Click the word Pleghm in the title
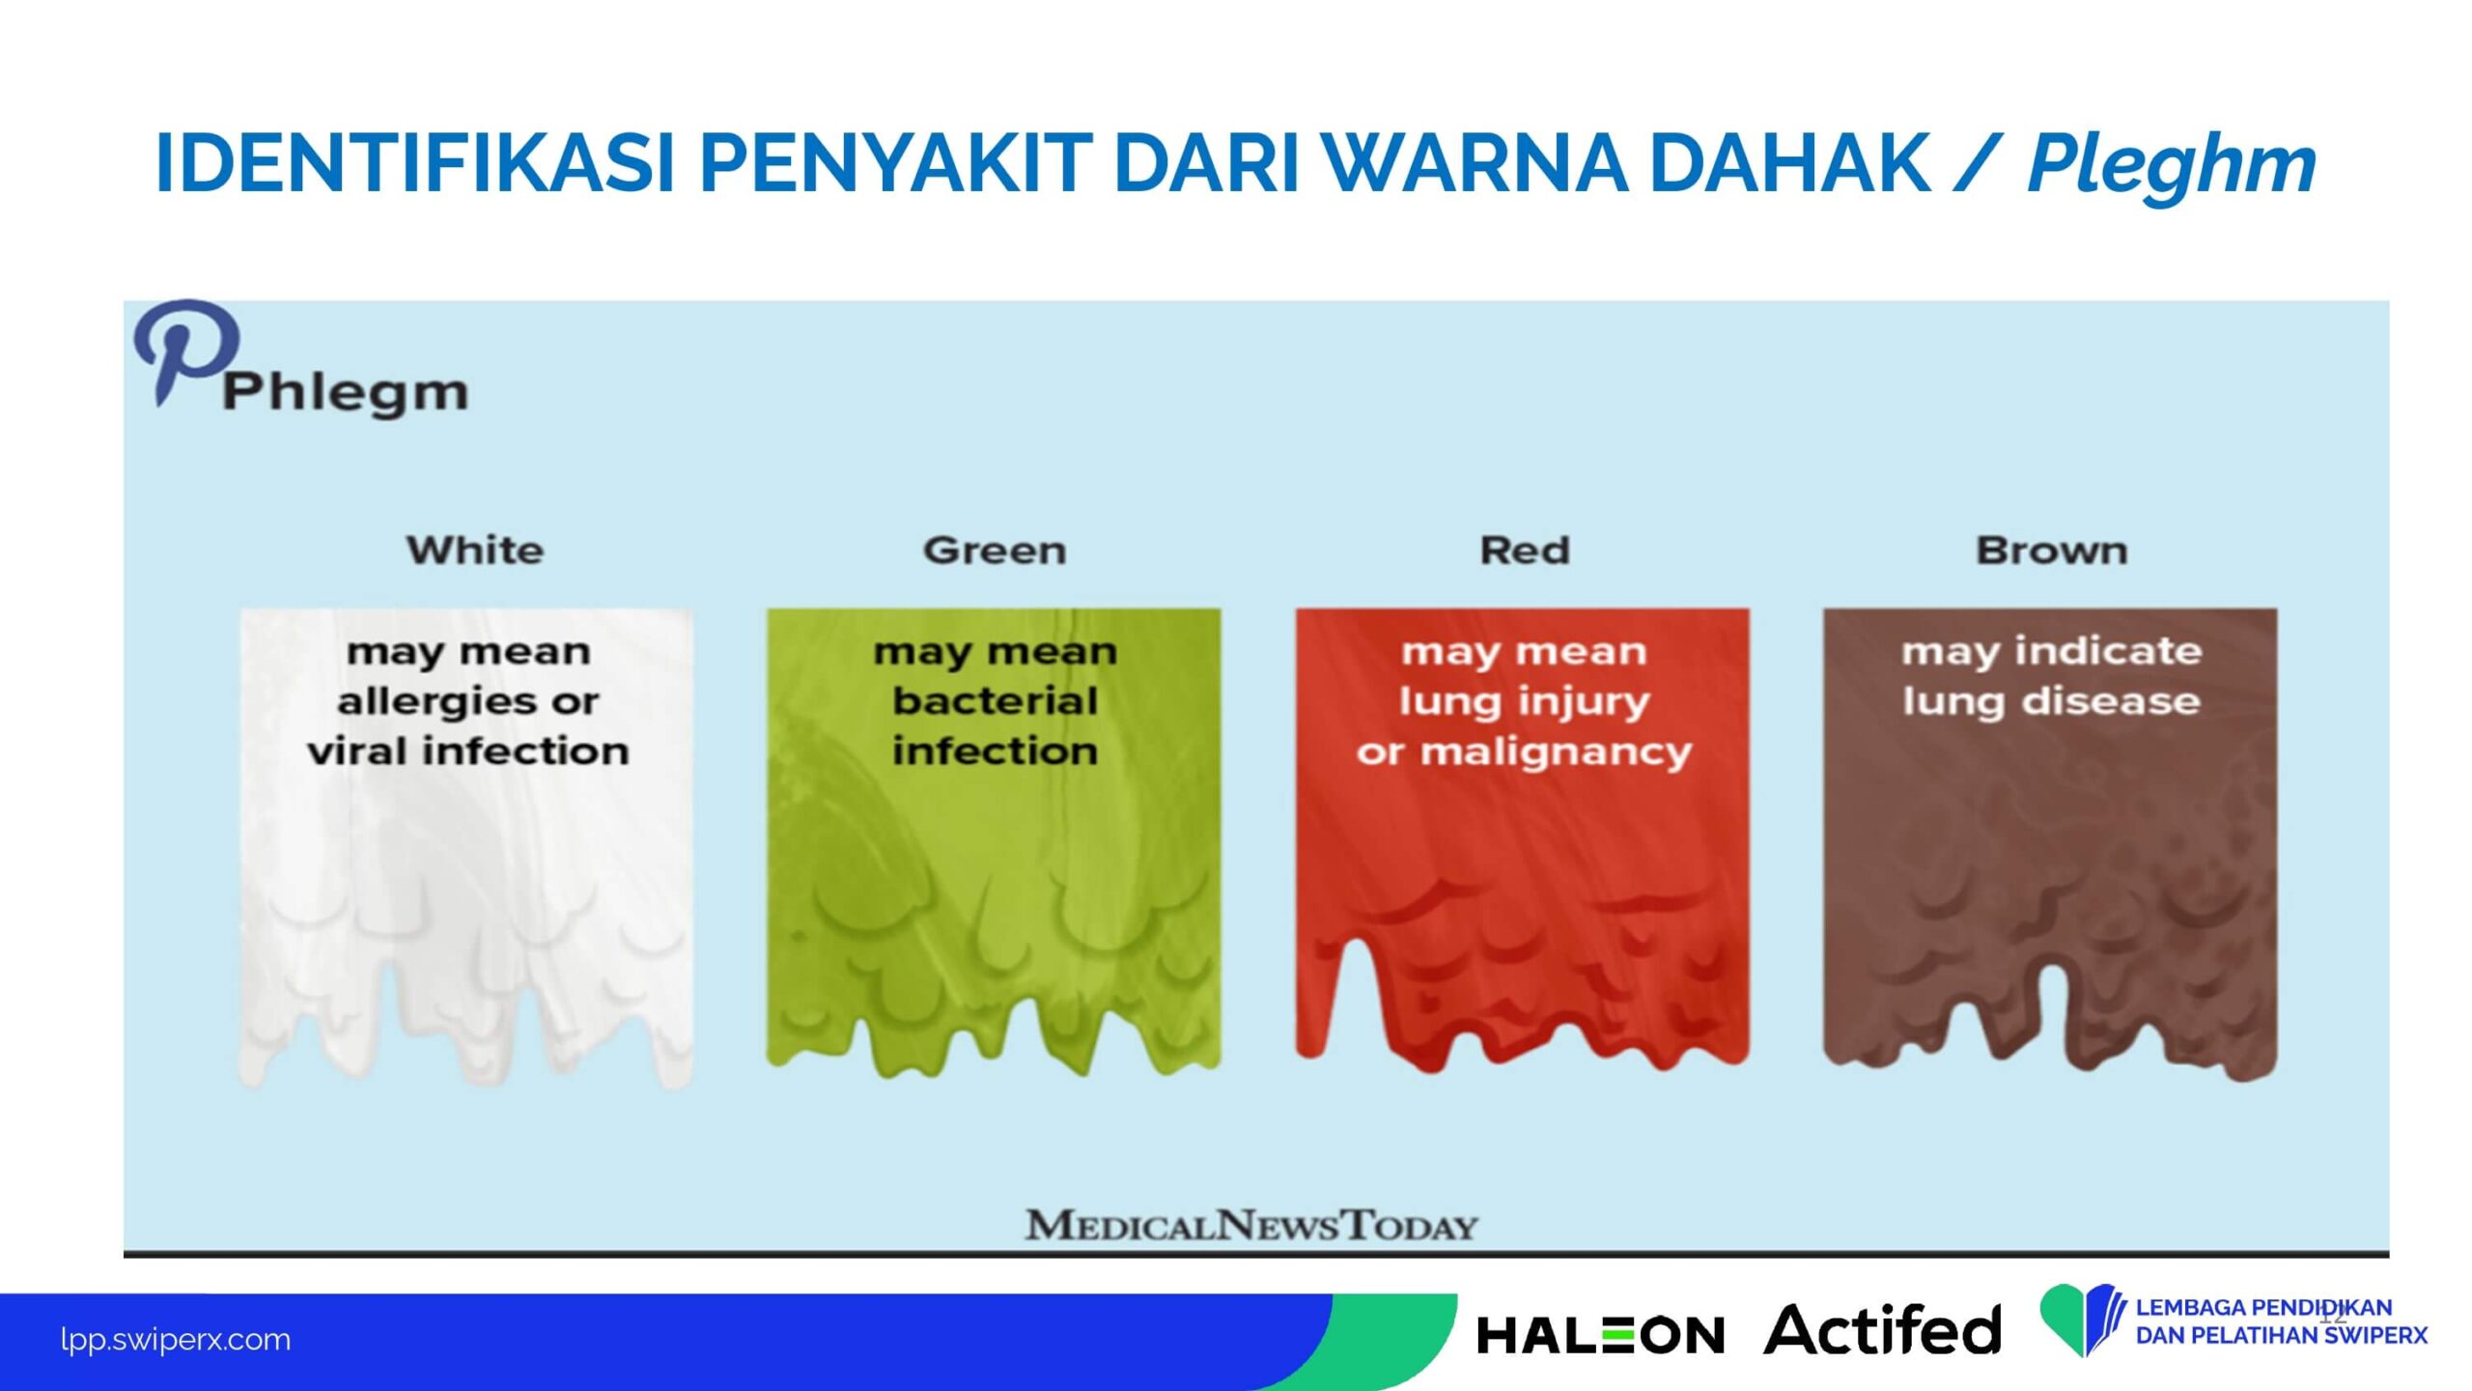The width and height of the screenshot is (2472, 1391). (2171, 165)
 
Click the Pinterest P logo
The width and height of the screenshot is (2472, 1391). (186, 350)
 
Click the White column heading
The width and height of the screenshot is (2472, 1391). (474, 550)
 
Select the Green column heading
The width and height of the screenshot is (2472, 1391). (995, 550)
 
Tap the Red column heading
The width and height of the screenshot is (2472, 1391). (1525, 550)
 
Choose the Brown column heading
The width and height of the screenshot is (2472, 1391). (2051, 550)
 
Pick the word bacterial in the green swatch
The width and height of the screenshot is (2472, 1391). (995, 700)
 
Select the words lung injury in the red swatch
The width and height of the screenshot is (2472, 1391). (1525, 702)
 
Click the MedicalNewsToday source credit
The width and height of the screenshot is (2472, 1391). (1251, 1225)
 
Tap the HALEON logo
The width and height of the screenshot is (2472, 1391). (1600, 1336)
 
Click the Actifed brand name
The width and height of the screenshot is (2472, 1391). (1882, 1330)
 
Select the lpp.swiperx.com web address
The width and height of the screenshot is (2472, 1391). (175, 1340)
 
